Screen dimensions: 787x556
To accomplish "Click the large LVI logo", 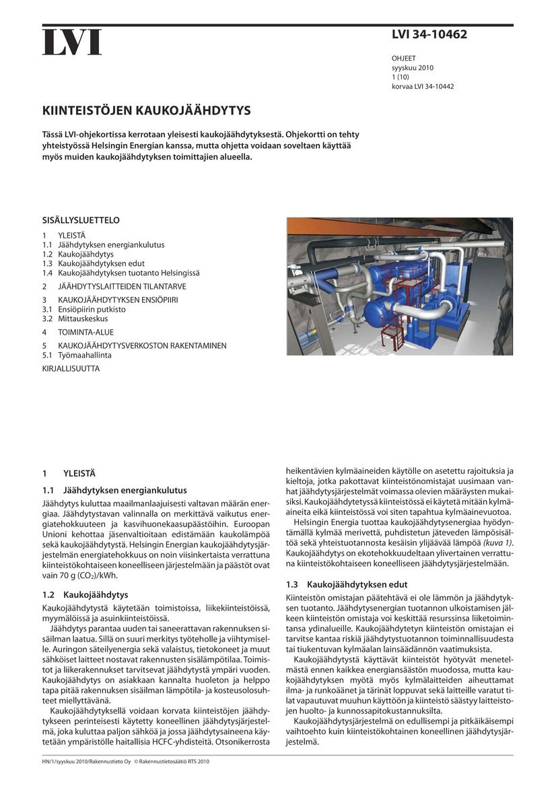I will tap(73, 42).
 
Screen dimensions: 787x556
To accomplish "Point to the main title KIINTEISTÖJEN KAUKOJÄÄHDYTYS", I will tap(147, 110).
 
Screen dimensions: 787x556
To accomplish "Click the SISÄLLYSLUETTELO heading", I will tap(81, 220).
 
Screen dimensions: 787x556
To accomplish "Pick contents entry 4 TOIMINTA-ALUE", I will tap(79, 332).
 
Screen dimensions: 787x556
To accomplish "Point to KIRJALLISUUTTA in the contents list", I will tap(71, 368).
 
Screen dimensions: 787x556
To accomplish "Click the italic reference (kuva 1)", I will tap(498, 543).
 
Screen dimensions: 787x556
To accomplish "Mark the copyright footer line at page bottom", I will tap(127, 762).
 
